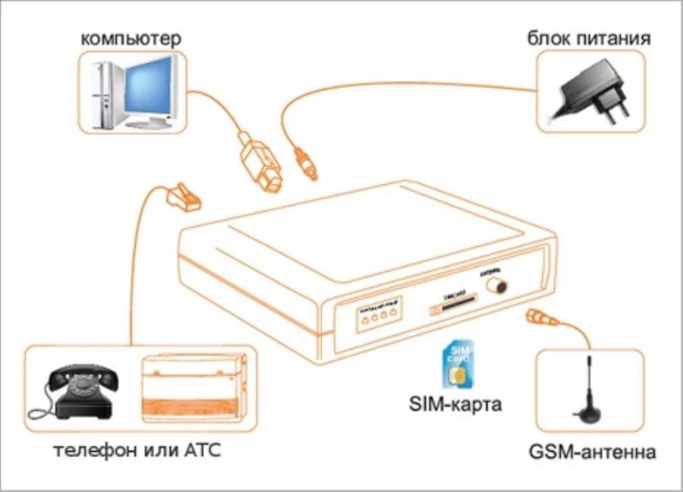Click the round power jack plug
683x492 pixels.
pyautogui.click(x=304, y=162)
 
